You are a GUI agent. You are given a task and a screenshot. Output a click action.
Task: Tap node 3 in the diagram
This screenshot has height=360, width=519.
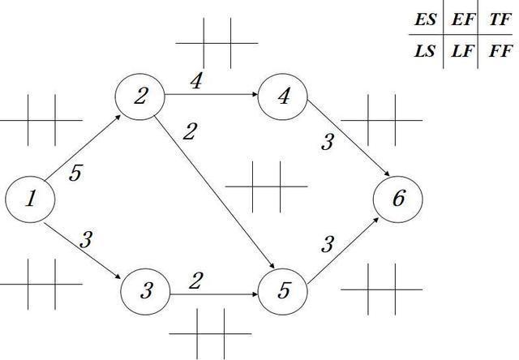(146, 290)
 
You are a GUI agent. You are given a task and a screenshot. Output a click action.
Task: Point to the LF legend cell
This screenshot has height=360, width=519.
(464, 52)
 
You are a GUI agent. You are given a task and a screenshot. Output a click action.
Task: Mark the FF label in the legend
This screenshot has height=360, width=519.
(500, 52)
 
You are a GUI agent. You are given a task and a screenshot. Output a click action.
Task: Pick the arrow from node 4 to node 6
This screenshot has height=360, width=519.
(341, 146)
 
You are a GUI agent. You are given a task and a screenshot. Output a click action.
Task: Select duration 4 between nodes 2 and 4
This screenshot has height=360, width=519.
(195, 82)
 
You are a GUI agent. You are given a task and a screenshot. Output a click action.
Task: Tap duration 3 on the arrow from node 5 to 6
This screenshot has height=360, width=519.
(328, 243)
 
